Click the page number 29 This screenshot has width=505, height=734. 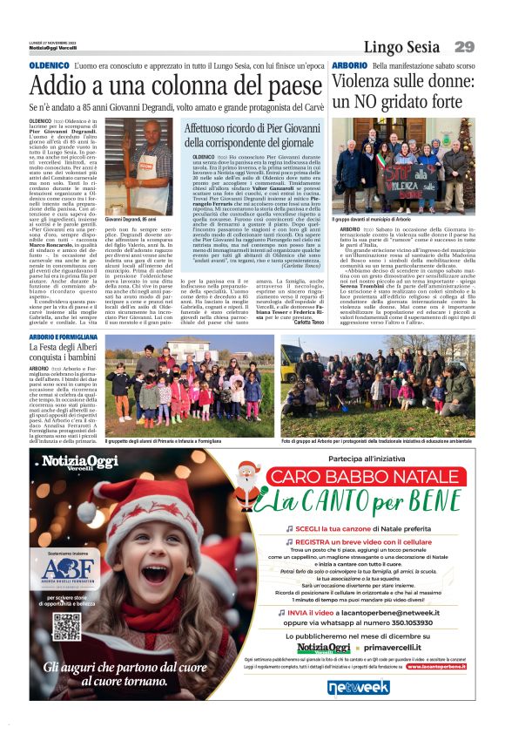click(463, 47)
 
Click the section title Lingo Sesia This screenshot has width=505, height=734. click(401, 47)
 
